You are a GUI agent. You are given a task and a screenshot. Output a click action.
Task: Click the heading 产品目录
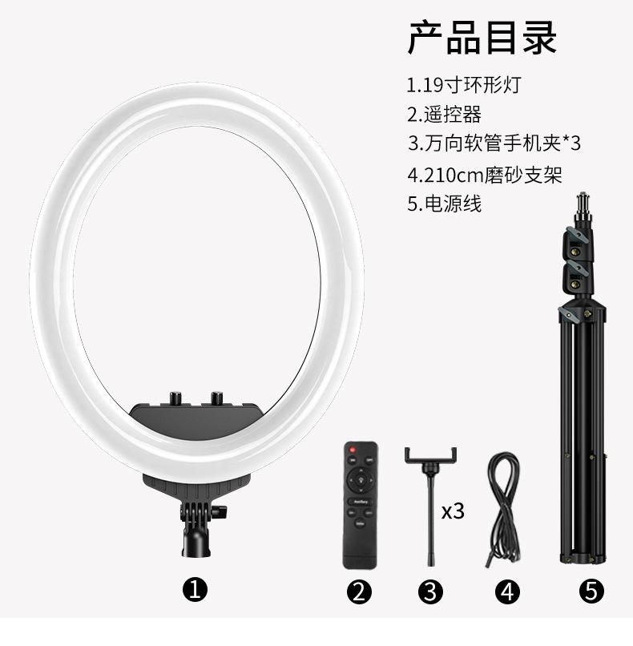482,37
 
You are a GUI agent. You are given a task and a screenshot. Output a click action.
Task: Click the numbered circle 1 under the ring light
196,591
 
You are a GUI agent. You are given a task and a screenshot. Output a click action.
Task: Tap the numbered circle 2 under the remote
360,592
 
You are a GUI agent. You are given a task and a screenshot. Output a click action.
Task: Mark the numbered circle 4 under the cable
506,592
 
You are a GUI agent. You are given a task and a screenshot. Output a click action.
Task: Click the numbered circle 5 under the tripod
591,592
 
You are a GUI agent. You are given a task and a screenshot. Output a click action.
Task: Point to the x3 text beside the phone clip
453,511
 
